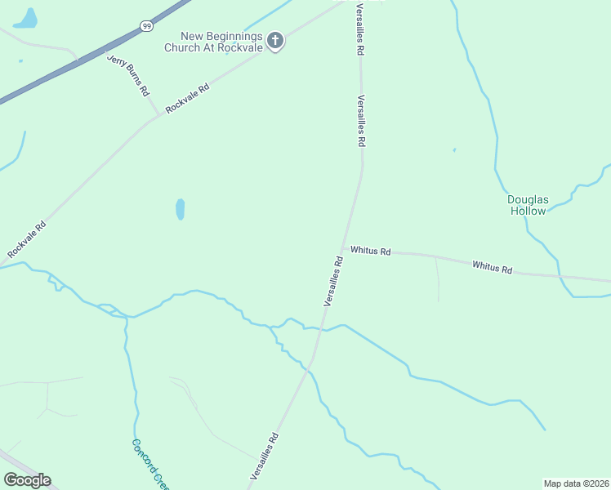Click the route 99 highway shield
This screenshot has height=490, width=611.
tap(147, 26)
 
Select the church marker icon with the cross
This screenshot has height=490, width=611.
tap(275, 40)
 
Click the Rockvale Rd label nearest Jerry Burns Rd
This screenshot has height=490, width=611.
tap(187, 98)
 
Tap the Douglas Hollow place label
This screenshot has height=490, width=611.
tap(527, 204)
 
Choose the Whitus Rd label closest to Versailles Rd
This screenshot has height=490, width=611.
tap(371, 251)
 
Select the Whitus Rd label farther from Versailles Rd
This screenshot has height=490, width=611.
tap(492, 267)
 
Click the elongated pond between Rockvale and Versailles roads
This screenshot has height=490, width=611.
tap(180, 209)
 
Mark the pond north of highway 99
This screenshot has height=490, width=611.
tap(28, 18)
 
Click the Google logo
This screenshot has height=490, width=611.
tap(27, 480)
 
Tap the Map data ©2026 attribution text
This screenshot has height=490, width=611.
tap(577, 483)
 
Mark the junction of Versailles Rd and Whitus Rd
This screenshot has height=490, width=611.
tap(344, 247)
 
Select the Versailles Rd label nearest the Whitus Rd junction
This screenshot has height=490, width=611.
tap(332, 281)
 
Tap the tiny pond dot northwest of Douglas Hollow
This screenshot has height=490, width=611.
tap(454, 150)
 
